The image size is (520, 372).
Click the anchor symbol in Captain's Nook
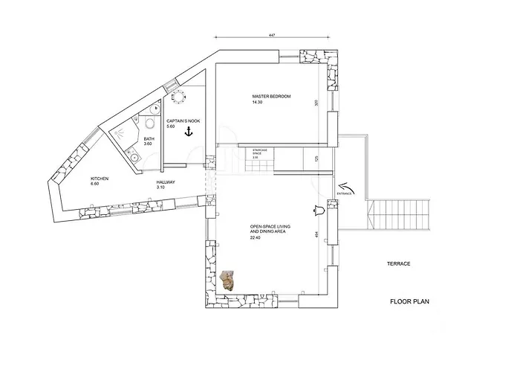(x=189, y=132)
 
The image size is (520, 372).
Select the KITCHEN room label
(x=100, y=179)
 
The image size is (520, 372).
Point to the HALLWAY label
(x=166, y=182)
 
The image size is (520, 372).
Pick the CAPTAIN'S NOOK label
(x=183, y=121)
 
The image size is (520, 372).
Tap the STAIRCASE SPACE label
(x=259, y=152)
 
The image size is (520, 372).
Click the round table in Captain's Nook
(x=178, y=95)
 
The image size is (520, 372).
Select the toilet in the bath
(x=150, y=125)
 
